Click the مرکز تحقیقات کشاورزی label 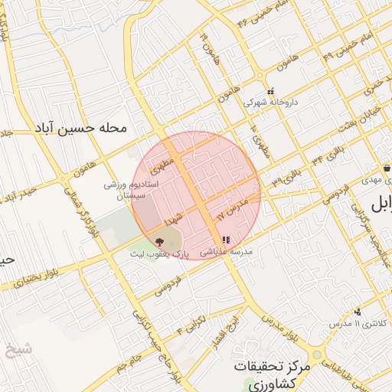[x=273, y=374]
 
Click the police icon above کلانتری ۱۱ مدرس [x=358, y=312]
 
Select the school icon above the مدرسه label [x=226, y=240]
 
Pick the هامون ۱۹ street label [x=206, y=45]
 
